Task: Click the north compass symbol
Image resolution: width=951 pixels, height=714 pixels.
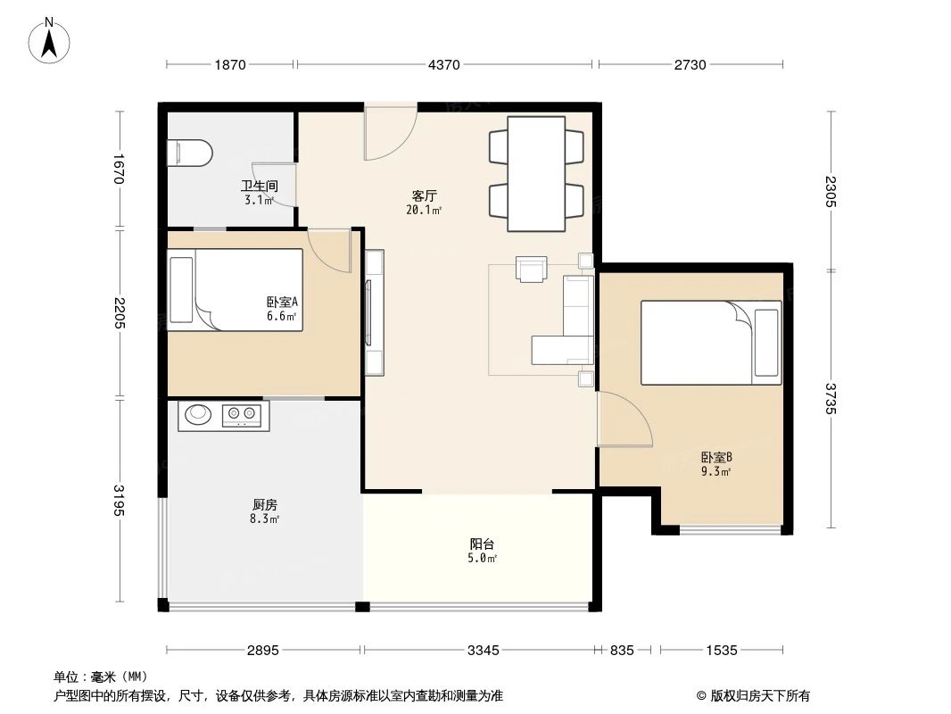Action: [52, 39]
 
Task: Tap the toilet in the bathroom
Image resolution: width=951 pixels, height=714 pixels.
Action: [190, 153]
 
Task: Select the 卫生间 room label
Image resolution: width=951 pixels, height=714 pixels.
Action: [259, 187]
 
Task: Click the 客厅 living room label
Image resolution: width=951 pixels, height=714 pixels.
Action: [424, 195]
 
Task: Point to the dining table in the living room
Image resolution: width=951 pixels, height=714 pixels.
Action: [536, 173]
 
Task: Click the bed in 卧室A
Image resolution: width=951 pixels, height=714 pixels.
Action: [236, 290]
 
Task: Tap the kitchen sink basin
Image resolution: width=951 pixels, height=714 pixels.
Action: [196, 414]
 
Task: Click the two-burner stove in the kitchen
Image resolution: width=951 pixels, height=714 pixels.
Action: [243, 413]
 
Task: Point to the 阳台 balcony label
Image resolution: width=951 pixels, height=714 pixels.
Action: [483, 544]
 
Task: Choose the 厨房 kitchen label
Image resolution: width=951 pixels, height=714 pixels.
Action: [265, 504]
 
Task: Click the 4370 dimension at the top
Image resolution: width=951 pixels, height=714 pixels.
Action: [444, 64]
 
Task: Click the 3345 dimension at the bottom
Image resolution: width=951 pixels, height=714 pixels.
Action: [483, 651]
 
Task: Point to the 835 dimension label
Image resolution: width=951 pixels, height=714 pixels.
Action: [623, 651]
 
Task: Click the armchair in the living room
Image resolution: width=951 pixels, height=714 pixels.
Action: [532, 269]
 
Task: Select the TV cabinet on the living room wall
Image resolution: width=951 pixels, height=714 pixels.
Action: [375, 312]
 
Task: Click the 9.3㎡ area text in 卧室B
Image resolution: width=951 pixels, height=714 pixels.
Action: [715, 471]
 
